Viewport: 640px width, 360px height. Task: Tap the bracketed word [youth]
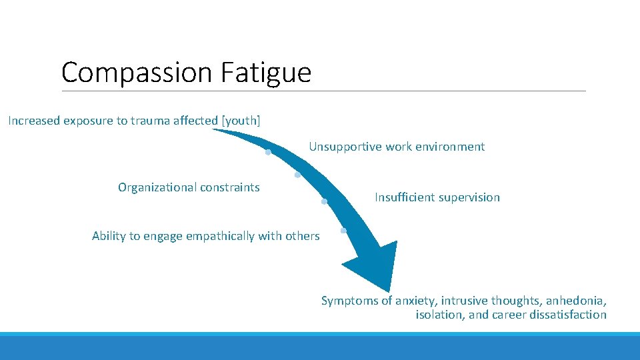tap(241, 121)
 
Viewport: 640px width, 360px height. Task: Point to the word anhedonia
tap(575, 301)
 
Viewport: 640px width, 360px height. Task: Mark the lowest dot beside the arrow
tap(343, 231)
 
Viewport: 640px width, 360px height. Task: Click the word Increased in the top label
tap(34, 121)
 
